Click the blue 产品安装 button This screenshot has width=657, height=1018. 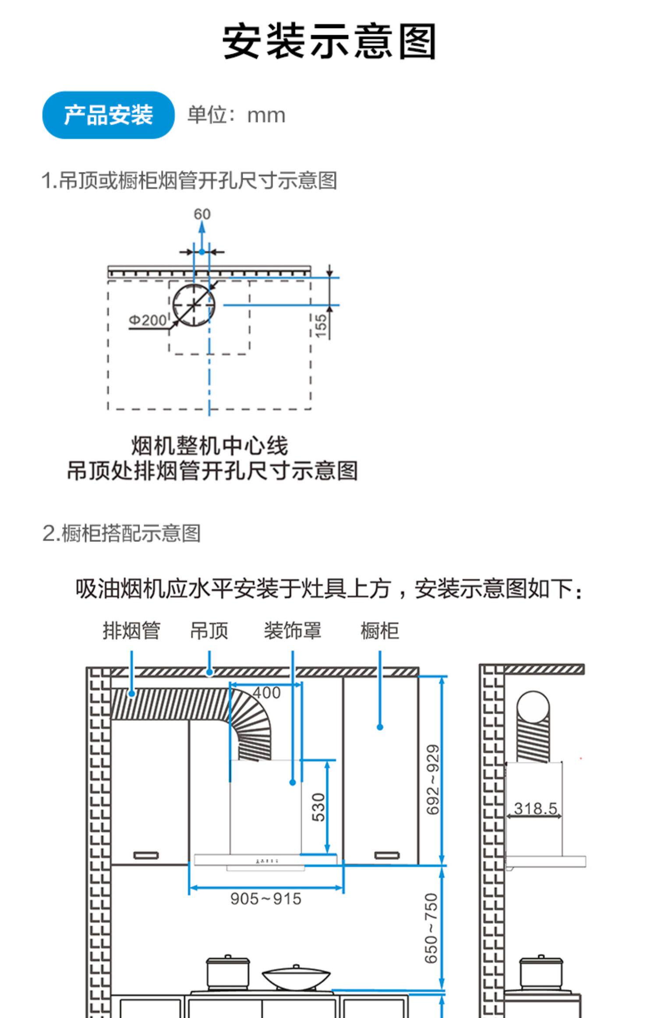(x=108, y=115)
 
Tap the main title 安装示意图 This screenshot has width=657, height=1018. (x=329, y=42)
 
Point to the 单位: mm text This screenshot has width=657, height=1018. (x=236, y=115)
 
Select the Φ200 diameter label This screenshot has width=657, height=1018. (x=148, y=320)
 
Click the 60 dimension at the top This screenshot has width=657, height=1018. (x=202, y=214)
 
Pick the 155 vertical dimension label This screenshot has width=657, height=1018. (x=321, y=326)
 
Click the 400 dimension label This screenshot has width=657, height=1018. (x=266, y=693)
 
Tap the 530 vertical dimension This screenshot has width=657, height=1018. (x=319, y=807)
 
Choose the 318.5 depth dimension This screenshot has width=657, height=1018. (x=535, y=808)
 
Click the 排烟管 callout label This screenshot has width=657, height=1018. (x=131, y=631)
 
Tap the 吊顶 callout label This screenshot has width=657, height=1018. (x=209, y=631)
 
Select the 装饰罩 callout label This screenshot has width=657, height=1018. (x=292, y=631)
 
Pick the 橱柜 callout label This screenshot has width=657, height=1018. (x=379, y=631)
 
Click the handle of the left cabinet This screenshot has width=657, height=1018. (x=146, y=855)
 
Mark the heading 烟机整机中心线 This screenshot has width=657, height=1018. (x=209, y=446)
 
